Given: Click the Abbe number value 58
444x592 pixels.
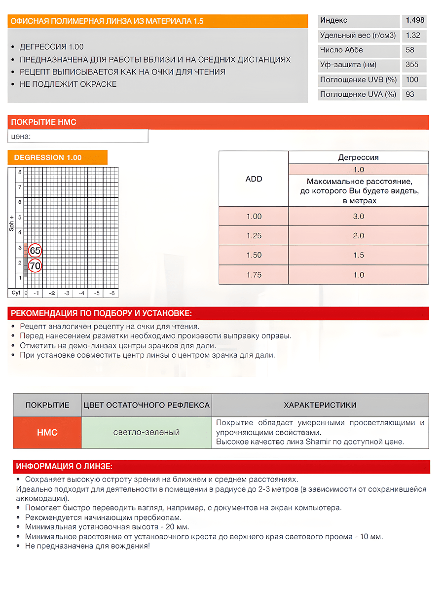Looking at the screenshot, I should pyautogui.click(x=410, y=50).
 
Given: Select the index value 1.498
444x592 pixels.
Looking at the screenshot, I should pyautogui.click(x=415, y=21).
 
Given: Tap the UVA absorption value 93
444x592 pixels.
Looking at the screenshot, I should pyautogui.click(x=410, y=94).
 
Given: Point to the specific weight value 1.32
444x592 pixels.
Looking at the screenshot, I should pyautogui.click(x=412, y=36).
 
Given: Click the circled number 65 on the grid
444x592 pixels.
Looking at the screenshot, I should pyautogui.click(x=35, y=251).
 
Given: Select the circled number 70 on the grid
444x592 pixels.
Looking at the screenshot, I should pyautogui.click(x=35, y=266).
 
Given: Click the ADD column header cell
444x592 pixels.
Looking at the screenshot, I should pyautogui.click(x=254, y=179).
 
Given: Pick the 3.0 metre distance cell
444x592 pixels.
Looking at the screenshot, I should pyautogui.click(x=358, y=217).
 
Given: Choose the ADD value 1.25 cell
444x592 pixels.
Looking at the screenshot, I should pyautogui.click(x=254, y=236).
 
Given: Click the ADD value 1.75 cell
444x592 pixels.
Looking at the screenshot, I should pyautogui.click(x=254, y=275).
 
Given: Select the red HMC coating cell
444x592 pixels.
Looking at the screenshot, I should pyautogui.click(x=47, y=433).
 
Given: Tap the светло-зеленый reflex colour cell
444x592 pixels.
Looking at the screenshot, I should pyautogui.click(x=147, y=433).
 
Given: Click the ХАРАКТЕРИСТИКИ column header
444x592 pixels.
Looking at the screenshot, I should pyautogui.click(x=320, y=405).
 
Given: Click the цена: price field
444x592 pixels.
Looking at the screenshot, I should pyautogui.click(x=78, y=136).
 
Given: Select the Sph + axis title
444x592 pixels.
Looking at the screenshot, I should pyautogui.click(x=12, y=222).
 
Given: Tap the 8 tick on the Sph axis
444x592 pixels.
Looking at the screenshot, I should pyautogui.click(x=20, y=172).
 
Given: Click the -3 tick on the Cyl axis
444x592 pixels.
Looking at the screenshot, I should pyautogui.click(x=66, y=293).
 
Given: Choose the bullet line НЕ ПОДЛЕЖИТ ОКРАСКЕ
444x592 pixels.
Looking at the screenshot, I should pyautogui.click(x=68, y=84).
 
